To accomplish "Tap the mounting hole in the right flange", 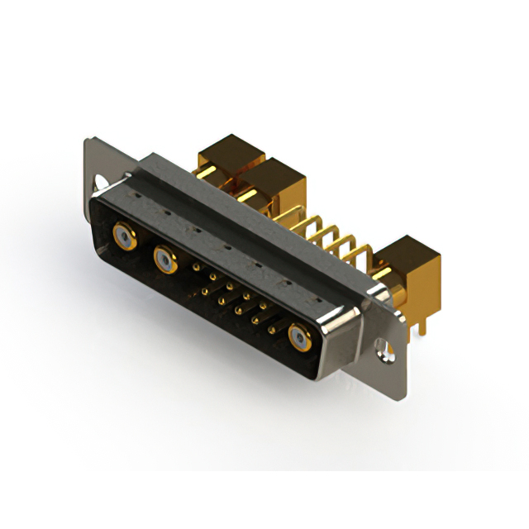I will pos(383,350).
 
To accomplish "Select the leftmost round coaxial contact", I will pos(123,238).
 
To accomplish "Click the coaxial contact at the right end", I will pos(298,337).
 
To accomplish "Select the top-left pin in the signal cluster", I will pos(195,267).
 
